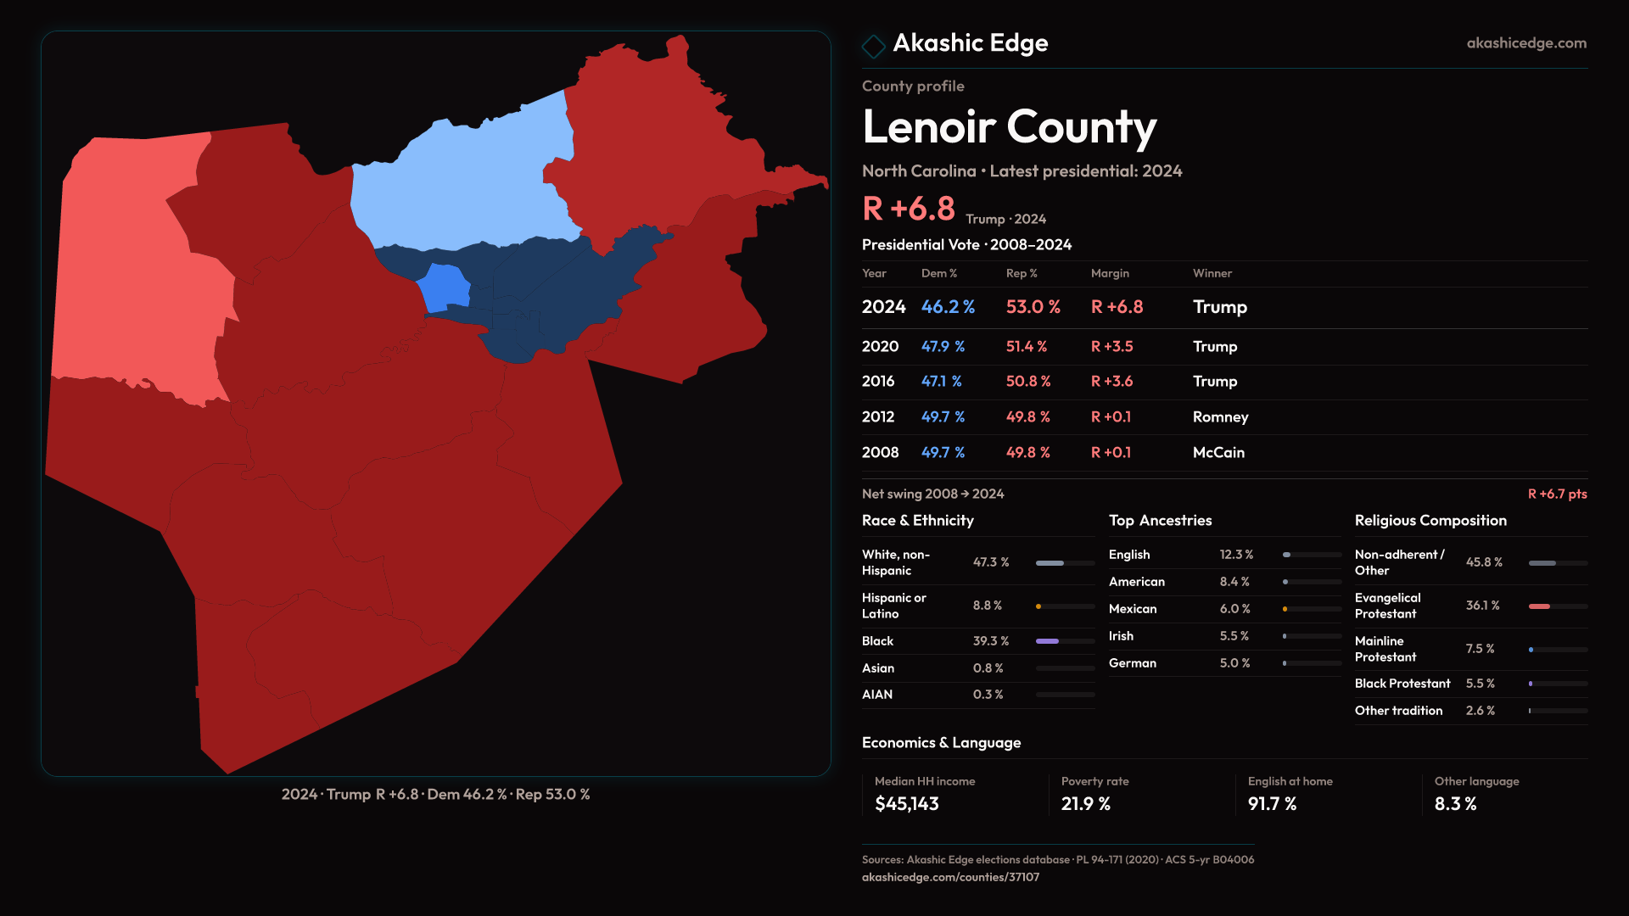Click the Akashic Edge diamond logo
(x=873, y=45)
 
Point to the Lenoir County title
(x=1009, y=127)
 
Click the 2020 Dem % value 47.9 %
(x=943, y=347)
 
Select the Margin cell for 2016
(x=1111, y=382)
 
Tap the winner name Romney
(x=1220, y=417)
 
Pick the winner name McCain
(x=1218, y=453)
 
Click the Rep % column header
(x=1022, y=273)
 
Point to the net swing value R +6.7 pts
(x=1557, y=494)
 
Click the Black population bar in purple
(x=1047, y=641)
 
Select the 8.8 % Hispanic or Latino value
(x=987, y=606)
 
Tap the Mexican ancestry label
(x=1133, y=609)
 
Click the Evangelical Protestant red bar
(x=1539, y=606)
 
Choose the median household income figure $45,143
(x=906, y=804)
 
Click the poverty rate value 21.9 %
(x=1085, y=804)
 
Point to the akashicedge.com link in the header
(x=1526, y=43)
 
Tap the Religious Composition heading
(x=1430, y=521)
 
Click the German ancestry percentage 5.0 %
(x=1234, y=663)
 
